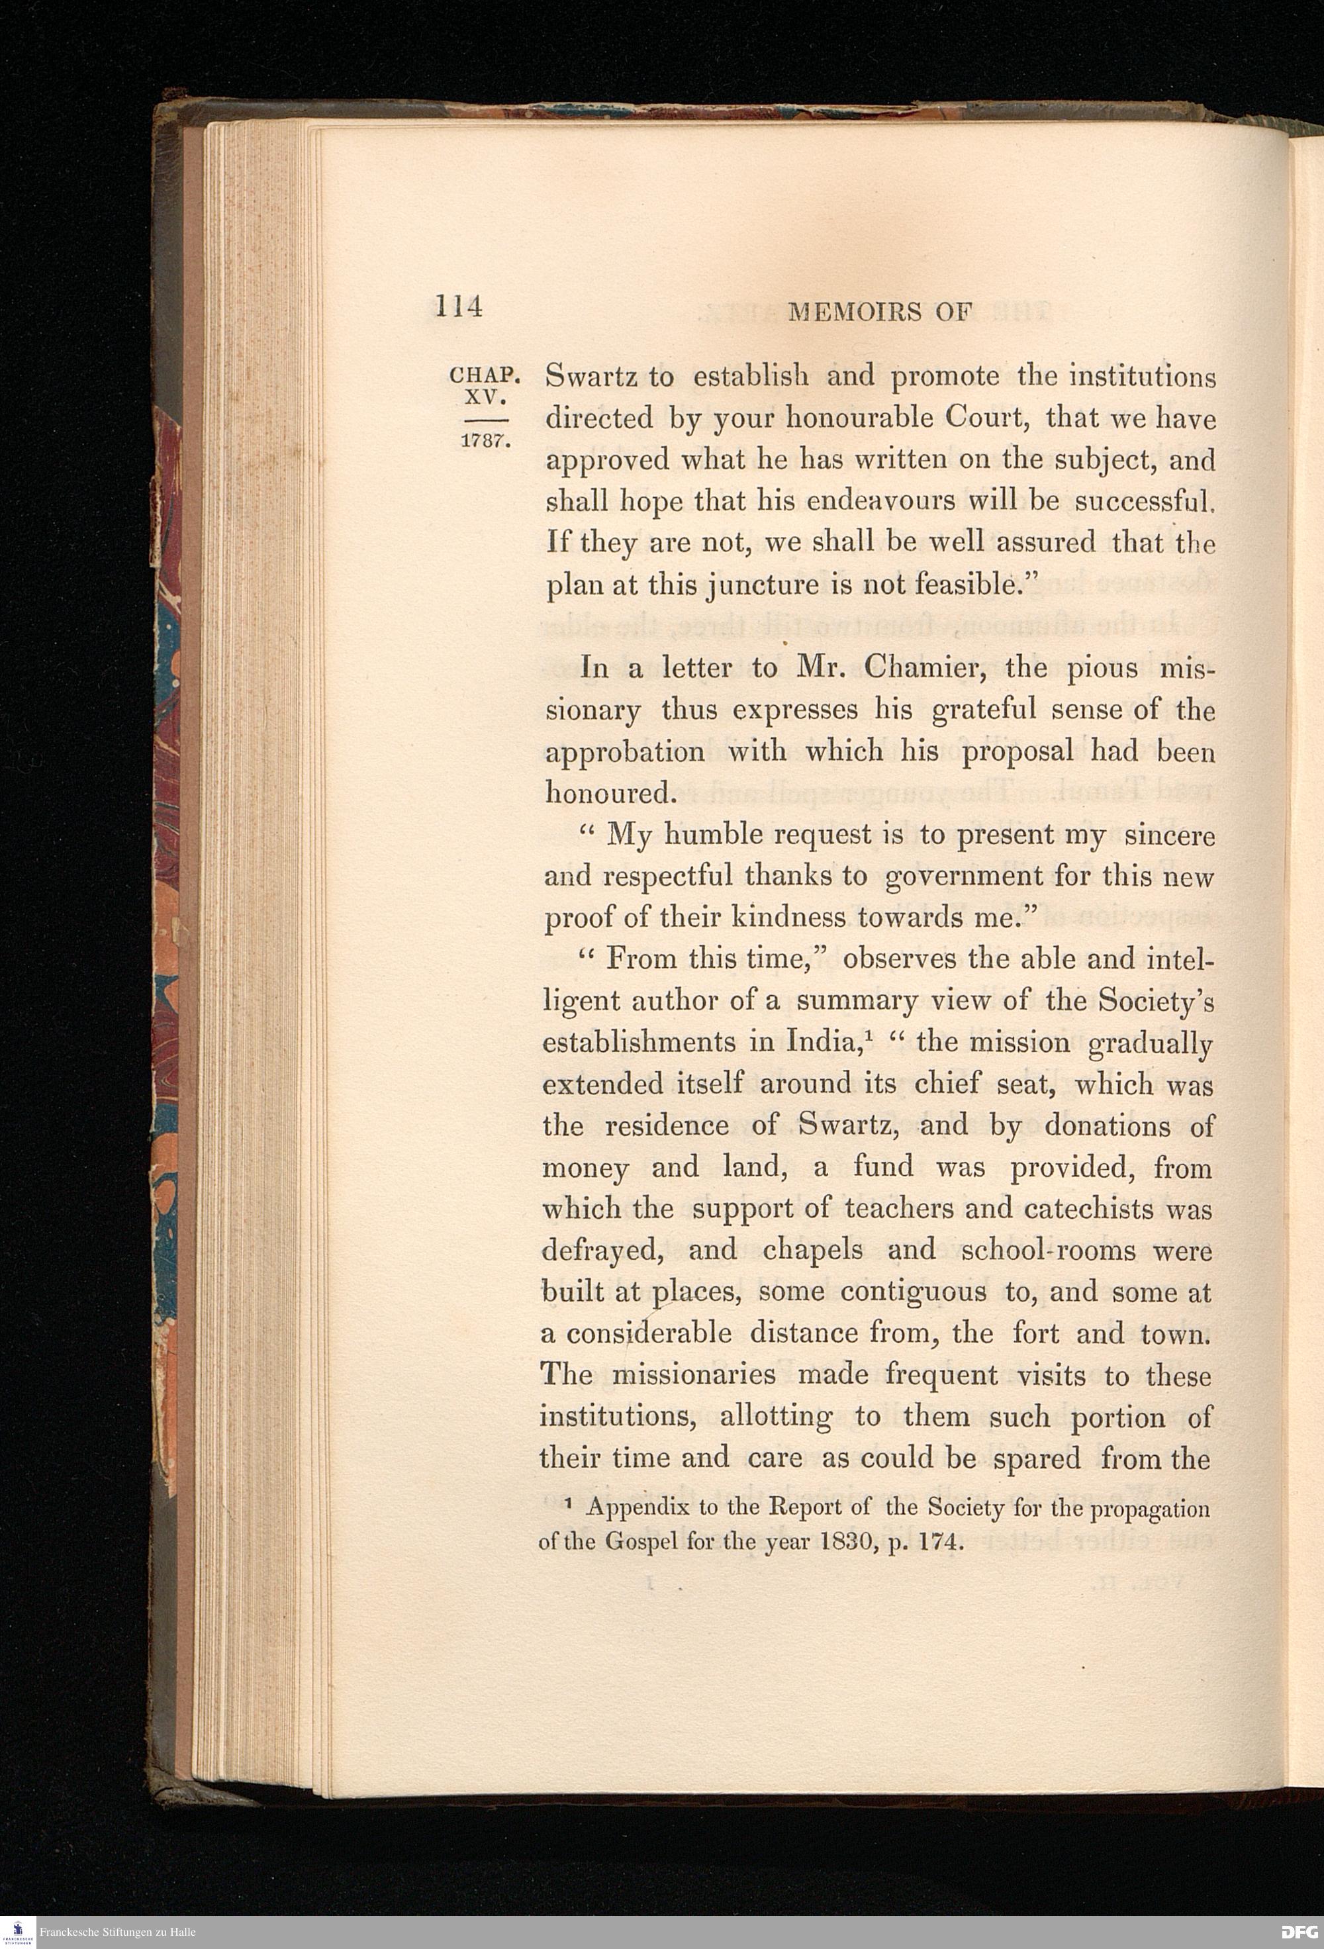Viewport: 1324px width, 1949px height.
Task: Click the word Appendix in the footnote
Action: (x=638, y=1509)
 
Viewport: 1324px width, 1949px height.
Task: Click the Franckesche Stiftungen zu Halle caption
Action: (x=117, y=1932)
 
